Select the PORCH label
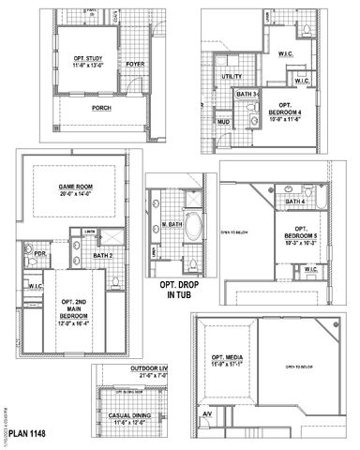point(102,107)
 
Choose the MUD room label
point(223,121)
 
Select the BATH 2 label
point(104,254)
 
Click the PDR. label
point(40,253)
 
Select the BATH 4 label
point(295,202)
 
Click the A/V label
point(207,413)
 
